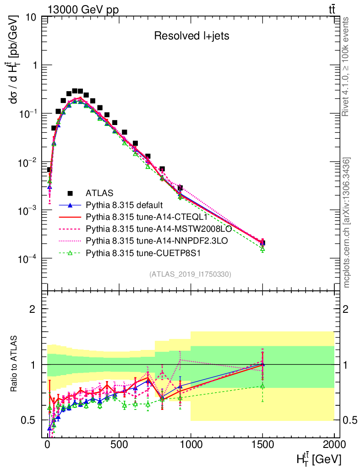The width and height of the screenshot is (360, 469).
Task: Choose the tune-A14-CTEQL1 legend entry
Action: [138, 216]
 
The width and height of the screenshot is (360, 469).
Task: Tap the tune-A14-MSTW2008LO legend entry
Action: [147, 228]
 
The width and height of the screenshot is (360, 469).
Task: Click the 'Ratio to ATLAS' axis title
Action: [15, 364]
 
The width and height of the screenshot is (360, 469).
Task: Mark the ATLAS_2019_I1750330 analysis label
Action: [190, 274]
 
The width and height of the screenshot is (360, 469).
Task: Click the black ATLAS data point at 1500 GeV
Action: [262, 243]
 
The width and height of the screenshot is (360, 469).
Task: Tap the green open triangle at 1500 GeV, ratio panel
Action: [262, 386]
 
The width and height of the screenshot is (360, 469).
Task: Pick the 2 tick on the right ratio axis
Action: [347, 309]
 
